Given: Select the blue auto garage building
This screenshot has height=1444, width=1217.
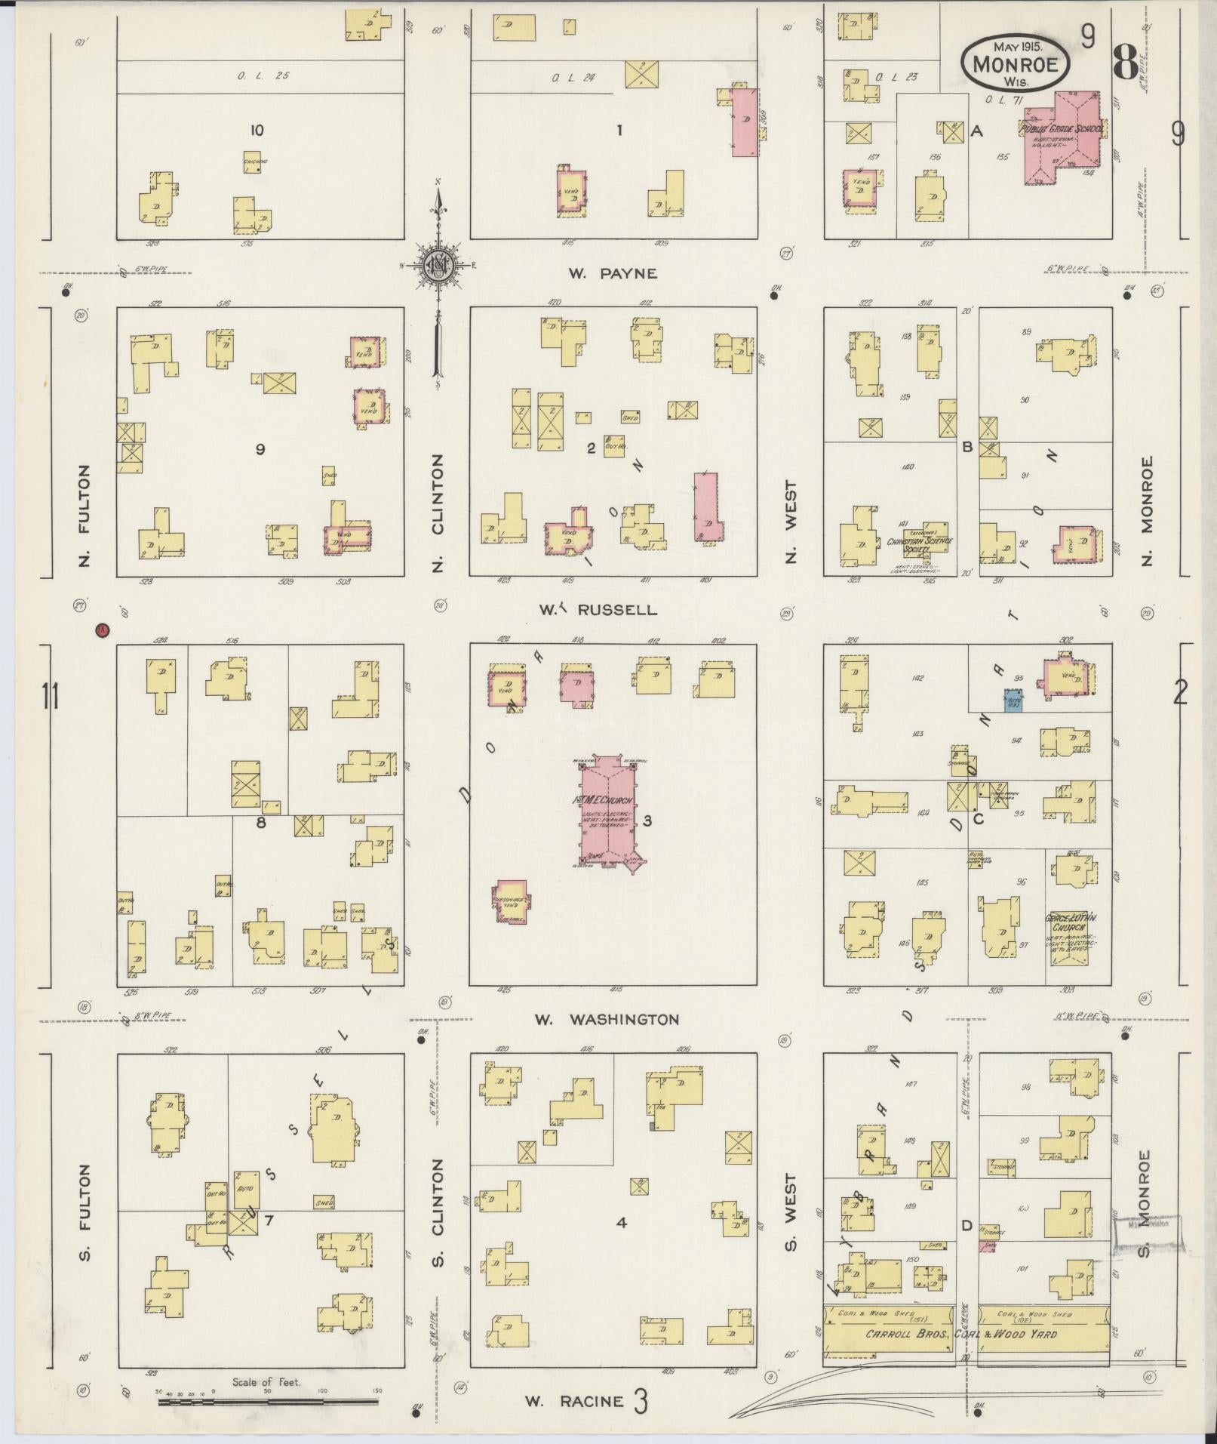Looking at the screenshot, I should [x=1013, y=701].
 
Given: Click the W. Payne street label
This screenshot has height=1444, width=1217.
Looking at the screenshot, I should [x=613, y=273].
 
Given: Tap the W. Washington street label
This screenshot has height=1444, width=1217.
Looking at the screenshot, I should [x=607, y=1019].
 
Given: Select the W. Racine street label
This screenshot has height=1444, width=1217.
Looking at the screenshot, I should [x=574, y=1402].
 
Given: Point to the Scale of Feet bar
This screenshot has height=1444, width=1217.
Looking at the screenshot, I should [x=268, y=1402].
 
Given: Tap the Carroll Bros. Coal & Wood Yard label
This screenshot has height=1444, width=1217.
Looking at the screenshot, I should [x=966, y=1334].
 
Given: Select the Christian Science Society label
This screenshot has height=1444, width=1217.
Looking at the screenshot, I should [x=920, y=545].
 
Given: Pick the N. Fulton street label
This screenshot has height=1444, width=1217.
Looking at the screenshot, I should [x=84, y=515].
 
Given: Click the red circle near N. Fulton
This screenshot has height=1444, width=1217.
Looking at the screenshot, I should [x=103, y=630].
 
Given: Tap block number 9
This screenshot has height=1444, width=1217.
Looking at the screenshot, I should [x=260, y=449].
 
